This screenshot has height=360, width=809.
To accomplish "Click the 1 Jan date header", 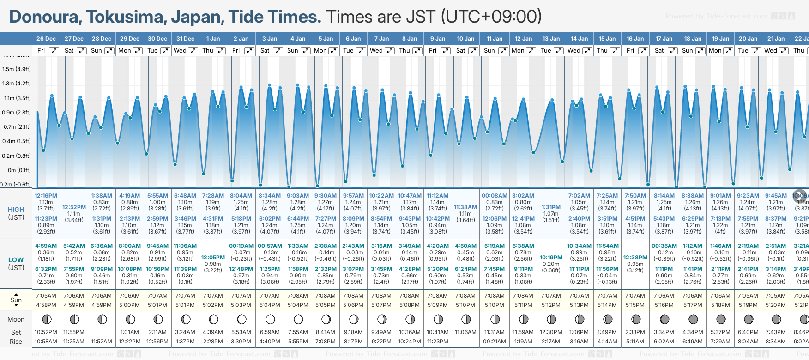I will pyautogui.click(x=213, y=39).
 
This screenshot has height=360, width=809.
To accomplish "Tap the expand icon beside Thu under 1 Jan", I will pyautogui.click(x=221, y=51).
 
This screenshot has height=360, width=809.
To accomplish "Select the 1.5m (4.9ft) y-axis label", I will pyautogui.click(x=17, y=69).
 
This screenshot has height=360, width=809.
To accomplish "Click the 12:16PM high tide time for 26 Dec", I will pyautogui.click(x=46, y=196).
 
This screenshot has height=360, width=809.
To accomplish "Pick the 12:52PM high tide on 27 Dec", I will pyautogui.click(x=74, y=207).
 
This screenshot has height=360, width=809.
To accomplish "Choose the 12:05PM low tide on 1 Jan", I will pyautogui.click(x=213, y=258).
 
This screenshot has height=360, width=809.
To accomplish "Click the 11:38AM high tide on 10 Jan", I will pyautogui.click(x=465, y=207).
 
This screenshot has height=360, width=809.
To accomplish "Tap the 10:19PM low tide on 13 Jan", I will pyautogui.click(x=551, y=258).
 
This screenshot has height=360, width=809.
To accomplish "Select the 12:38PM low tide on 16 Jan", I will pyautogui.click(x=635, y=258).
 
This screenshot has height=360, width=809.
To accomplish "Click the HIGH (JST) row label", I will pyautogui.click(x=16, y=213).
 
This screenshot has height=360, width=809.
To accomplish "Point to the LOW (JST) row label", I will pyautogui.click(x=16, y=264).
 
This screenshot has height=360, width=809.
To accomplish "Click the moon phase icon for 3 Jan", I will pyautogui.click(x=270, y=319).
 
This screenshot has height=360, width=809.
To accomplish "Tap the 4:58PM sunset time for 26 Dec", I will pyautogui.click(x=46, y=305).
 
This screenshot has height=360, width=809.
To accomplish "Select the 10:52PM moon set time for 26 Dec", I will pyautogui.click(x=46, y=332).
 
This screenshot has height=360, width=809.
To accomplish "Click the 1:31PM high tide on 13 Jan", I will pyautogui.click(x=551, y=207).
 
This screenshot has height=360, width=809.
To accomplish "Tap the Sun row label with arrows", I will pyautogui.click(x=16, y=300).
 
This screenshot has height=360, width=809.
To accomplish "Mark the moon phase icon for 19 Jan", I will pyautogui.click(x=721, y=319).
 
